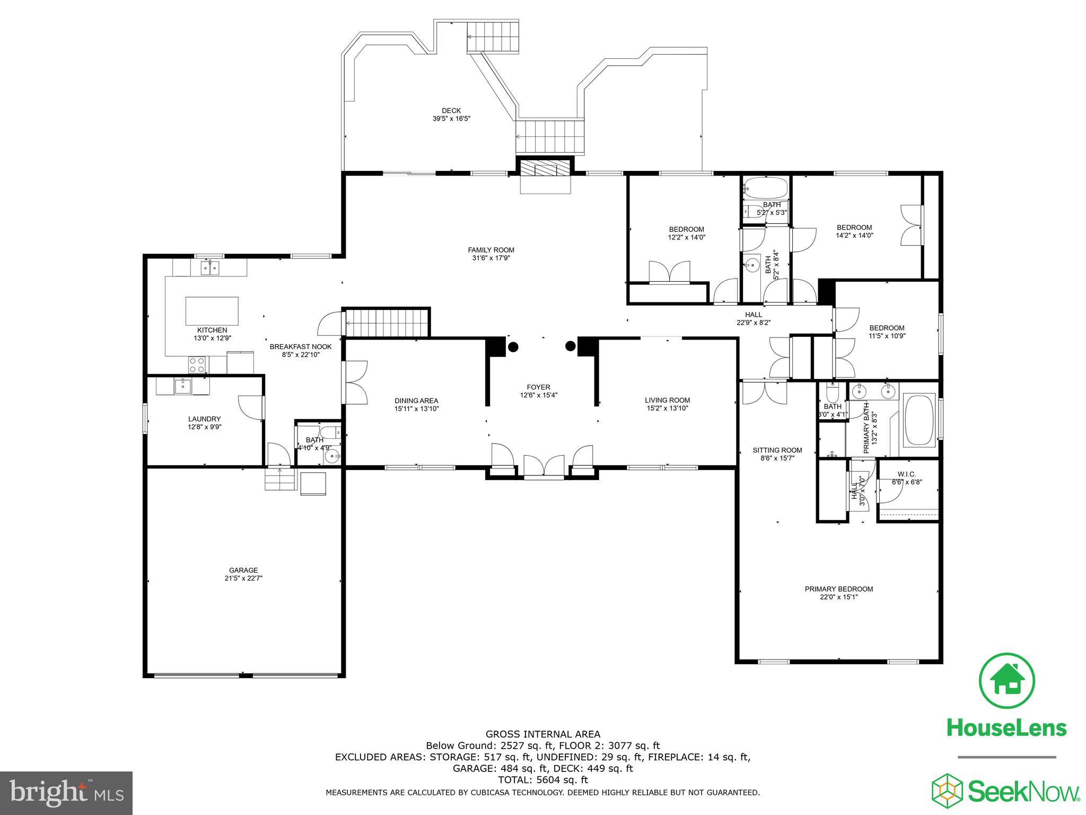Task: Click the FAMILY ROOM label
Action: tap(491, 250)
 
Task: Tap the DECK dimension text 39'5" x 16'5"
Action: tap(451, 119)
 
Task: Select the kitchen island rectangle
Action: tap(212, 311)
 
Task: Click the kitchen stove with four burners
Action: tap(198, 364)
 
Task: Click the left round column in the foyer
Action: tap(513, 347)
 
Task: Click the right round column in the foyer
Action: tap(570, 346)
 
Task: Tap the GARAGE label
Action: tap(243, 570)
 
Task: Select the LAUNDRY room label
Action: tap(204, 419)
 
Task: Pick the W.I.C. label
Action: tap(906, 474)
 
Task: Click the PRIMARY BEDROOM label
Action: tap(838, 589)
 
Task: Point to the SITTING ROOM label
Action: tap(777, 450)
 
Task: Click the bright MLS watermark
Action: tap(66, 793)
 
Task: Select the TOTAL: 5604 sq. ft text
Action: tap(542, 780)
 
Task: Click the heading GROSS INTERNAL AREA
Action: tap(542, 734)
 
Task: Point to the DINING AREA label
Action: tap(416, 401)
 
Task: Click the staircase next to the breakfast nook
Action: tap(386, 323)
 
